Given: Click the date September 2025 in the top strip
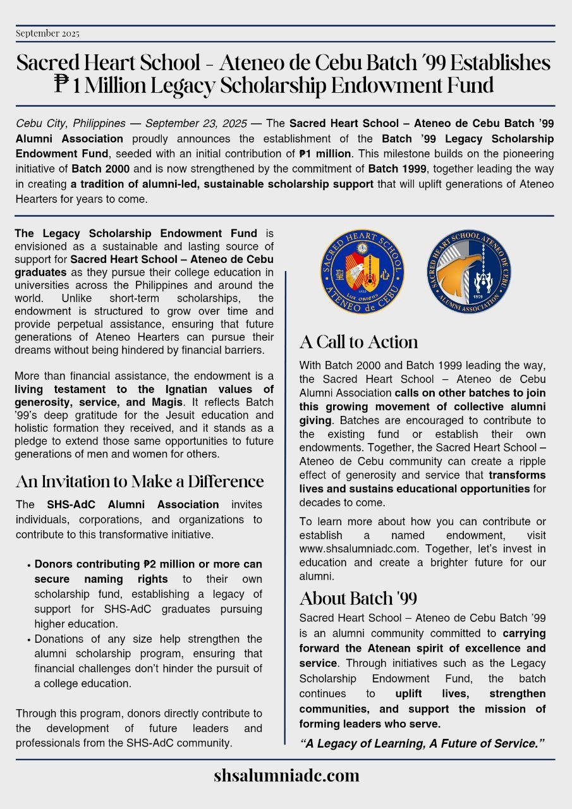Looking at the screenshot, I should pos(48,33).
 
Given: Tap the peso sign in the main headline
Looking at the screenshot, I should pos(62,84).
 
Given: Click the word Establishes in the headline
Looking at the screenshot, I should pos(499,63).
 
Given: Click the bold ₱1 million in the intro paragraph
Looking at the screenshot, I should pos(324,154).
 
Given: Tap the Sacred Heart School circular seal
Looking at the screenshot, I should pos(362,272).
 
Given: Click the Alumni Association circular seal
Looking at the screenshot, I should pos(468,272).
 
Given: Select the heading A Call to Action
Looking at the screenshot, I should pos(358,342).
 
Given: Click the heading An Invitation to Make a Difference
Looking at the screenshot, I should pos(139,482).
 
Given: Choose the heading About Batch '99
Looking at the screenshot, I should pos(358,598).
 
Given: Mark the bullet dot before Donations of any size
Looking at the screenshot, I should pos(29,640).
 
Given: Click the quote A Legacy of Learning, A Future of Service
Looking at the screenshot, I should pos(422,743).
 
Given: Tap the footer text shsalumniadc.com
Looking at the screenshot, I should pos(286,776).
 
